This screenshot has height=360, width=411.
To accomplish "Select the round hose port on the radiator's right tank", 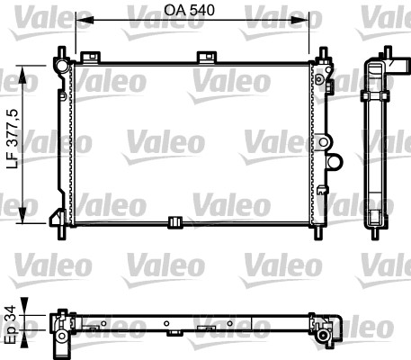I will coord(335,163).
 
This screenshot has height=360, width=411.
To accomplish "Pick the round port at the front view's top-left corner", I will coord(60,67).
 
